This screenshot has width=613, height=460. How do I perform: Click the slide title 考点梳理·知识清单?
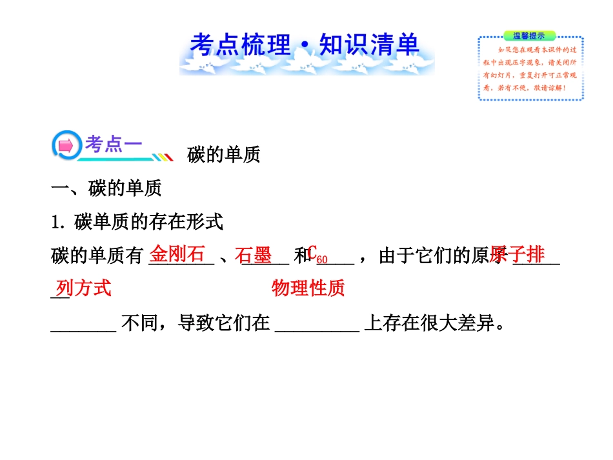click(305, 45)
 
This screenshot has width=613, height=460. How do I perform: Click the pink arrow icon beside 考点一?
click(66, 146)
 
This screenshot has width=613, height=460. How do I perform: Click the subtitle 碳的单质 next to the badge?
click(223, 155)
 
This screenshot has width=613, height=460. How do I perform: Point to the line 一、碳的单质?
click(106, 188)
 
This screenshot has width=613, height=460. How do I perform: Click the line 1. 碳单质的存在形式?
click(137, 223)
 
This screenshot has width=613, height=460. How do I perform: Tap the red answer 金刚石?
click(177, 254)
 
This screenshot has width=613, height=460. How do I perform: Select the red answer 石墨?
click(253, 255)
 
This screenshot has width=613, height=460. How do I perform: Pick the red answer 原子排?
click(518, 254)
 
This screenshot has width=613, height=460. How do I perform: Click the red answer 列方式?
click(83, 288)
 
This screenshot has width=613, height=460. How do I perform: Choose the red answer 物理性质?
click(308, 288)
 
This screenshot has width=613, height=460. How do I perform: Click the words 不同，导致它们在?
click(196, 323)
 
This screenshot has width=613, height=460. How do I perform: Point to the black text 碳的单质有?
click(97, 257)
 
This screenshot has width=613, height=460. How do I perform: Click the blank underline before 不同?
click(83, 329)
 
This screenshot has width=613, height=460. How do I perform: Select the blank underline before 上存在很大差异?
click(317, 329)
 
